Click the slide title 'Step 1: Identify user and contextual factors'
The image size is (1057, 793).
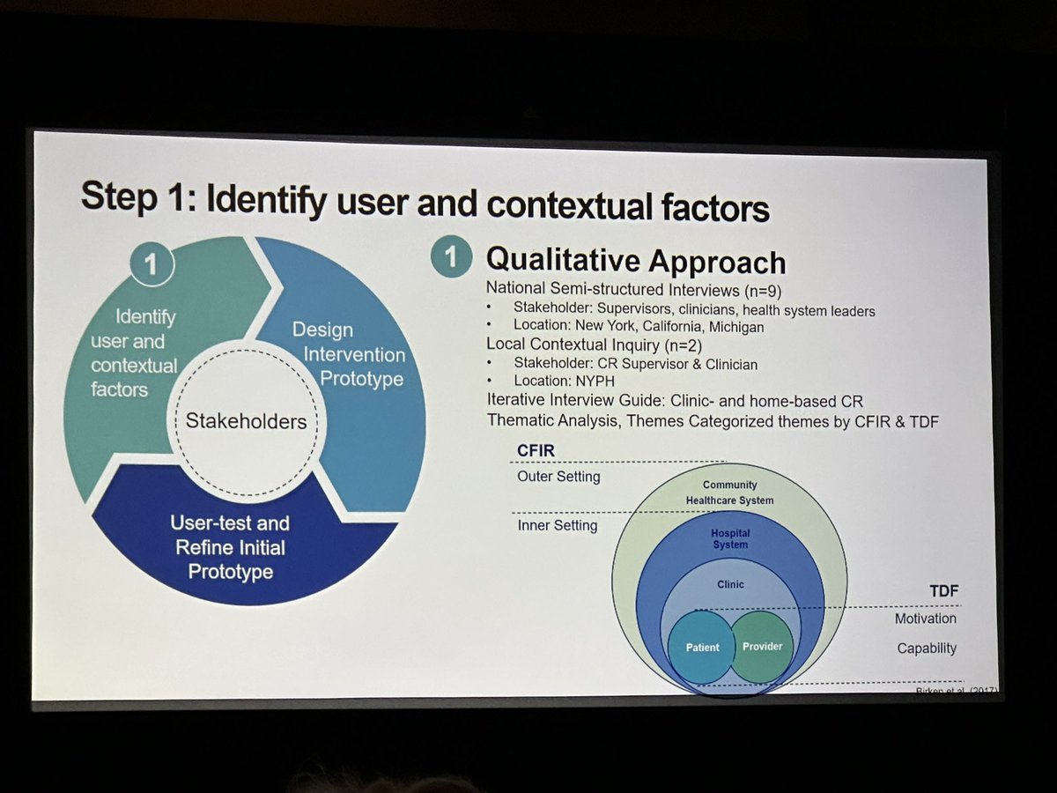coord(425,202)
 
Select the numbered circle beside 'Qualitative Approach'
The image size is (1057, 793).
coord(451,257)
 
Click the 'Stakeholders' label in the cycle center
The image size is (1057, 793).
coord(246,421)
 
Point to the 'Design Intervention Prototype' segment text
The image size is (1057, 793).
coord(349,354)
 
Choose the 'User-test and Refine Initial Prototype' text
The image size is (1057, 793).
coord(230,546)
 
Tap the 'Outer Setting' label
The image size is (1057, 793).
coord(558,477)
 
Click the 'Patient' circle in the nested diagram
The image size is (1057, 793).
coord(703,648)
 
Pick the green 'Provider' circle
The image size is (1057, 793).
coord(762,647)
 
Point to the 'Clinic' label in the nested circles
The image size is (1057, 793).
coord(729,583)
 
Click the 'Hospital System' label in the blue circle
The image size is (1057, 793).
coord(729,538)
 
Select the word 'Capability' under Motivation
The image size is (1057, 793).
coord(927,648)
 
